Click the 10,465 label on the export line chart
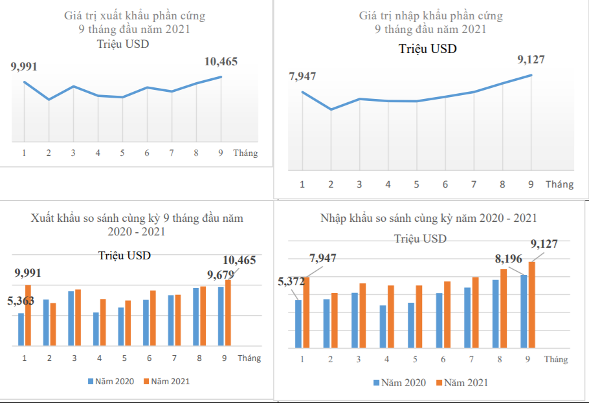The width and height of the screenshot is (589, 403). pyautogui.click(x=221, y=62)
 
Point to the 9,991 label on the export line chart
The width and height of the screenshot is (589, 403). pyautogui.click(x=24, y=67)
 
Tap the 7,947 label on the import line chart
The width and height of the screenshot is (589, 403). pyautogui.click(x=302, y=77)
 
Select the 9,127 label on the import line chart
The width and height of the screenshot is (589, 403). pyautogui.click(x=531, y=60)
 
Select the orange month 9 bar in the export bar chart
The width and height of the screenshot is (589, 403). pyautogui.click(x=228, y=312)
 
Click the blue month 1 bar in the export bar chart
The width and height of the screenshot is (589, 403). pyautogui.click(x=21, y=329)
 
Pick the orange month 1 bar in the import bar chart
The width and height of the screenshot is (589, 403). pyautogui.click(x=307, y=311)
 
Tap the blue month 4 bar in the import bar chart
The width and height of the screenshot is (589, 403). pyautogui.click(x=383, y=327)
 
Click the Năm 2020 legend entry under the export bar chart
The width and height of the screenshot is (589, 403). pyautogui.click(x=111, y=381)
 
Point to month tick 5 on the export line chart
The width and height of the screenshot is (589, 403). pyautogui.click(x=122, y=153)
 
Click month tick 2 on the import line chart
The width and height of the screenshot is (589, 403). pyautogui.click(x=331, y=184)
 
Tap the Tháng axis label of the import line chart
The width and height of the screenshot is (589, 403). pyautogui.click(x=559, y=184)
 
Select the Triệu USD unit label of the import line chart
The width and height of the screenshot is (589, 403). pyautogui.click(x=427, y=49)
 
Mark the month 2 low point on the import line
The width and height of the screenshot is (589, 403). pyautogui.click(x=331, y=109)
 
